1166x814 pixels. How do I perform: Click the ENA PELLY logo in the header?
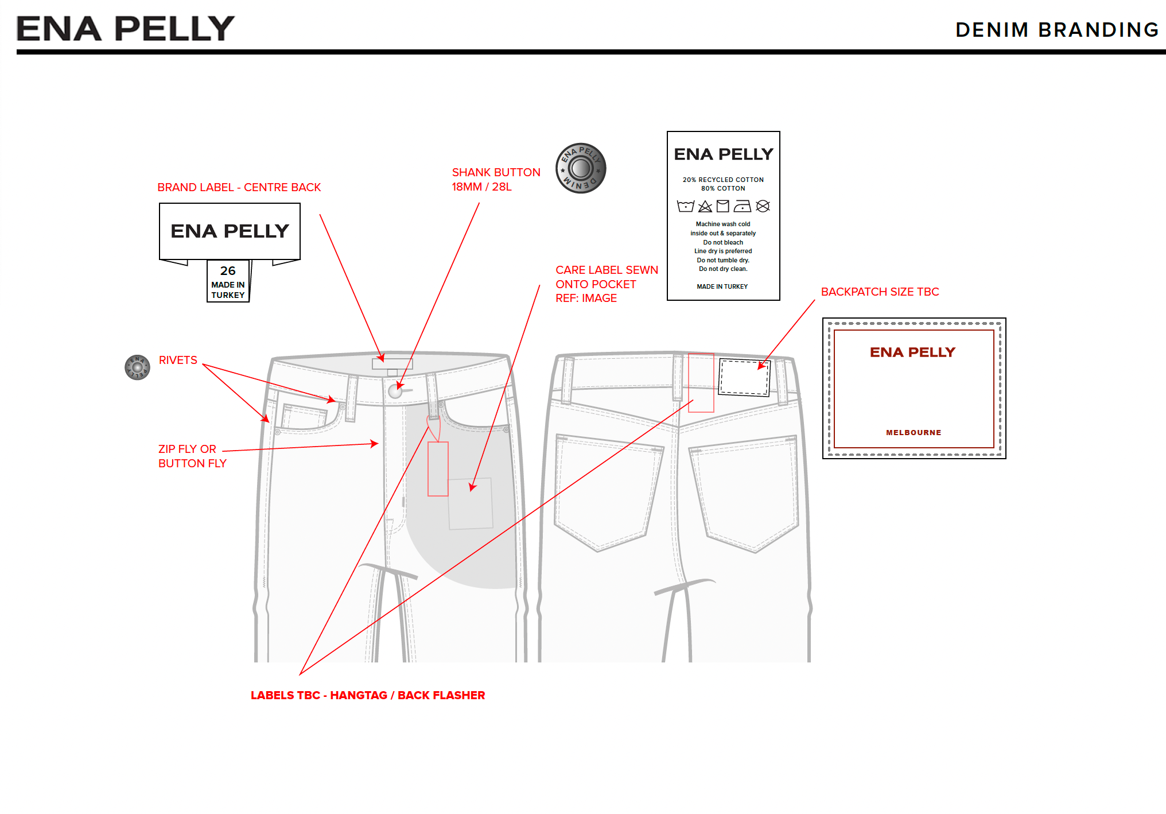(126, 29)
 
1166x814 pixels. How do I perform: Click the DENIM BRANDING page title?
(1056, 30)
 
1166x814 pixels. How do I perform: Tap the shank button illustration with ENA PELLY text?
(581, 168)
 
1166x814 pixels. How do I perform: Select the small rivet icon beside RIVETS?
(137, 367)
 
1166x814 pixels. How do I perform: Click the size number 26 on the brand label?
(228, 271)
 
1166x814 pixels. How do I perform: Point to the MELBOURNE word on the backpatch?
(914, 433)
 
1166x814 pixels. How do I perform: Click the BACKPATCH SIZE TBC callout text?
(880, 292)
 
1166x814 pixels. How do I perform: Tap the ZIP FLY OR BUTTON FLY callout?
(192, 456)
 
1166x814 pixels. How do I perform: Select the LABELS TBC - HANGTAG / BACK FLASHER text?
(368, 695)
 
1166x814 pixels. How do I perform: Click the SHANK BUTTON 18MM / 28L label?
(496, 180)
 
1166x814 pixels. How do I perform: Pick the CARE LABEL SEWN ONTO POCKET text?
(606, 284)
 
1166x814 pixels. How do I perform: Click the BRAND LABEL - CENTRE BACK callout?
(239, 188)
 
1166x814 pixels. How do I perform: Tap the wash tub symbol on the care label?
(685, 206)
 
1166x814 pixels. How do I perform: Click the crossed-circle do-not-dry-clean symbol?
(763, 206)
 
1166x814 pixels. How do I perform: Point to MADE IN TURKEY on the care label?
(722, 286)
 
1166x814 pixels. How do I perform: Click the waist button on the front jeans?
(395, 392)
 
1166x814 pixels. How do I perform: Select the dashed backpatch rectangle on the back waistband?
(744, 377)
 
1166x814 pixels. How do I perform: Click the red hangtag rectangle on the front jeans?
(438, 468)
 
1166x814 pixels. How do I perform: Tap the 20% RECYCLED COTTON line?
(723, 180)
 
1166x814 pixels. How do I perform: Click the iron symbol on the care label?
(743, 206)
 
